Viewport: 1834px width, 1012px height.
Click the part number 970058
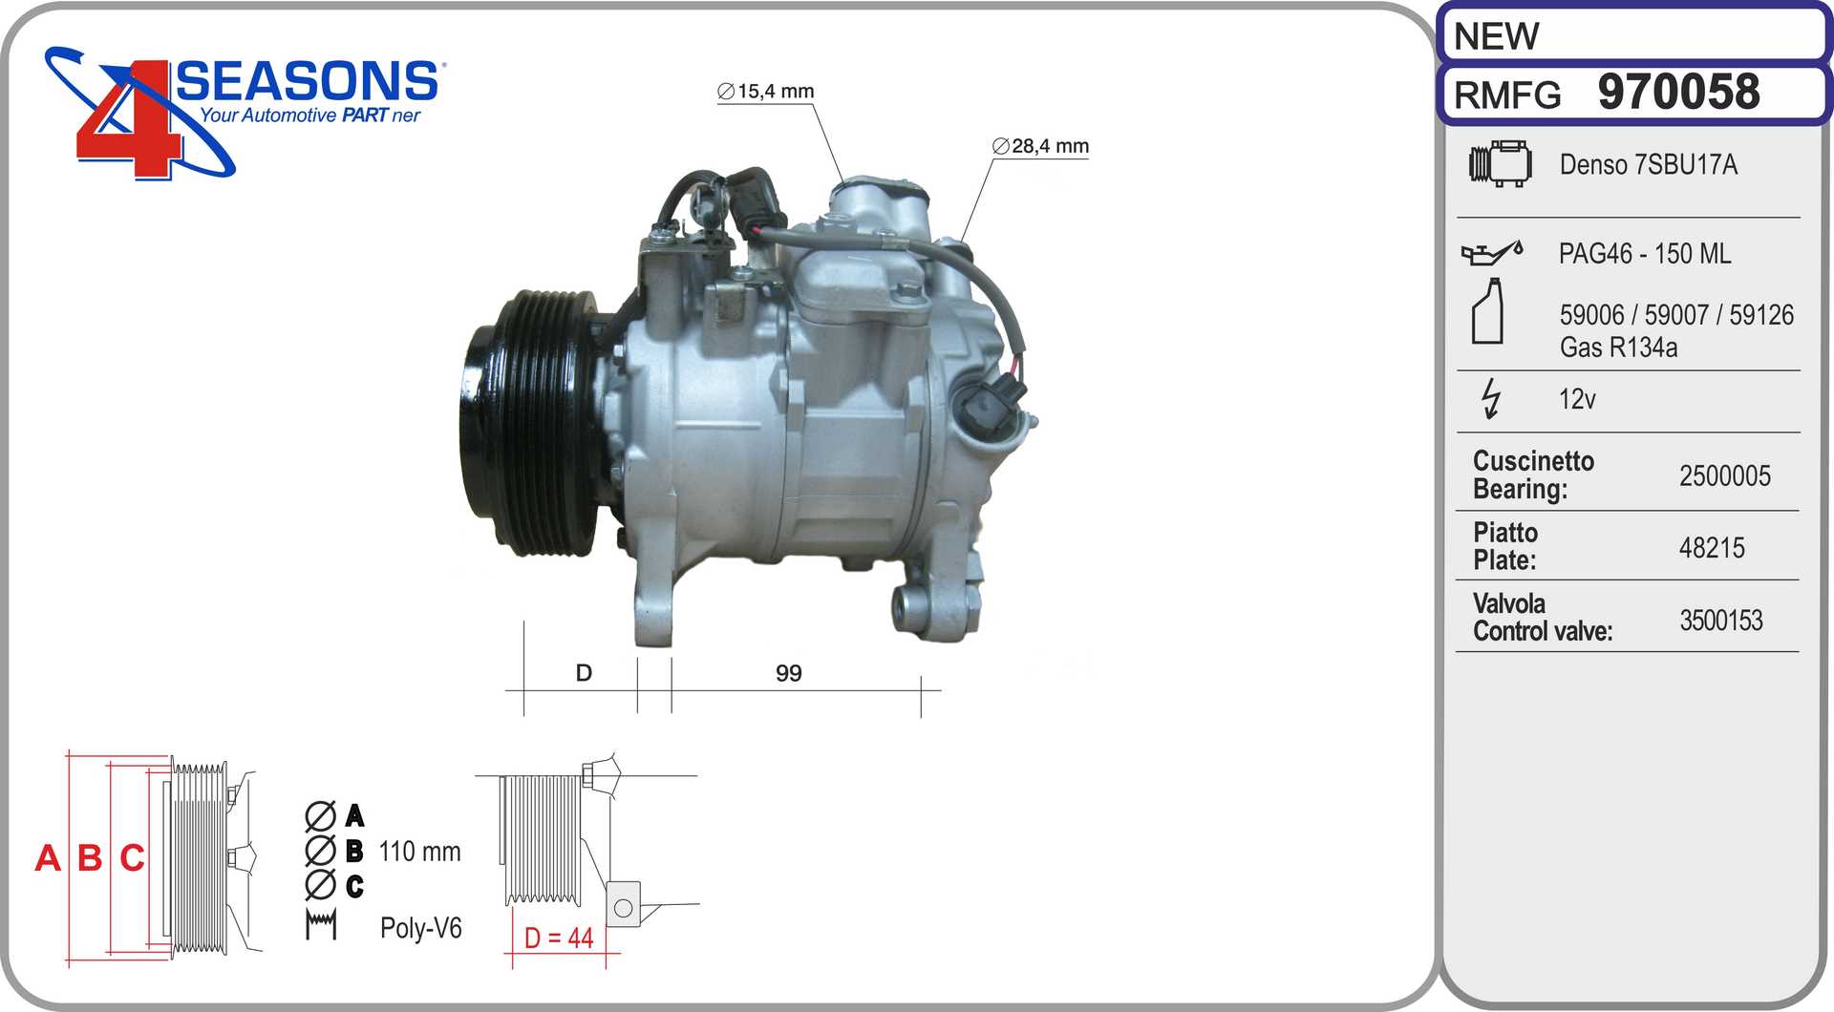(1678, 92)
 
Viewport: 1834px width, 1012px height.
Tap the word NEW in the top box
(1496, 36)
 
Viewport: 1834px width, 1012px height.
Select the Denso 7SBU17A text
(1648, 164)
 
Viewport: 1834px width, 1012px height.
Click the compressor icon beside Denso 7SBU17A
(1500, 163)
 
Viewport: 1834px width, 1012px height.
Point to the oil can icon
(1491, 253)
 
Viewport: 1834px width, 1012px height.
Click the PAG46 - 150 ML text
(1645, 254)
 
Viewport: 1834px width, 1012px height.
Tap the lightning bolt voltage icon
(1490, 398)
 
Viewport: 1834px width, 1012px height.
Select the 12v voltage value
(1577, 399)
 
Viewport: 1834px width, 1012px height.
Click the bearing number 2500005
(1725, 475)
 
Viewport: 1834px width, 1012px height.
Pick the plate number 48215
(1712, 548)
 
